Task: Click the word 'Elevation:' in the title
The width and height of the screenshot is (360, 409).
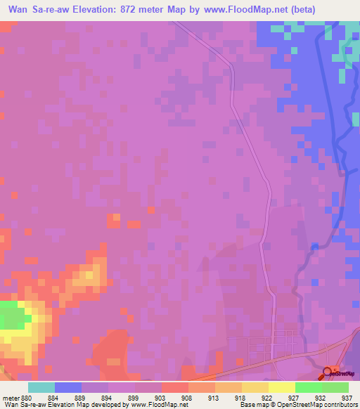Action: tap(106, 9)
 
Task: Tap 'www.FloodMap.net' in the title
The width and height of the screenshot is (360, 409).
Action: tap(236, 9)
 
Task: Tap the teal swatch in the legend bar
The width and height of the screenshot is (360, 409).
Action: tap(41, 387)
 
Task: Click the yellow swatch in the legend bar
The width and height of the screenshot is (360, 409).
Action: tap(281, 387)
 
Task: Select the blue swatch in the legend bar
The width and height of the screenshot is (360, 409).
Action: tap(68, 387)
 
